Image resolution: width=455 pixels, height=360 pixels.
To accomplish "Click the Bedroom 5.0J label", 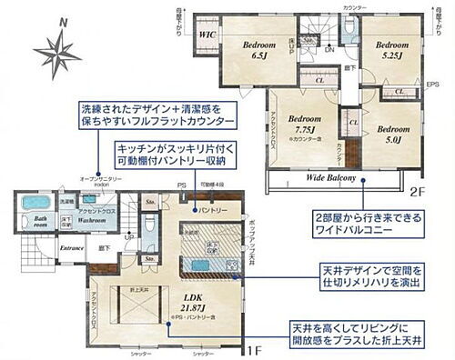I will click(392, 134).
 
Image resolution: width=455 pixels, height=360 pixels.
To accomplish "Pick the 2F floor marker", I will click(416, 192).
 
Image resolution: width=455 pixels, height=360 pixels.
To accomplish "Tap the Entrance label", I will click(46, 246).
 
